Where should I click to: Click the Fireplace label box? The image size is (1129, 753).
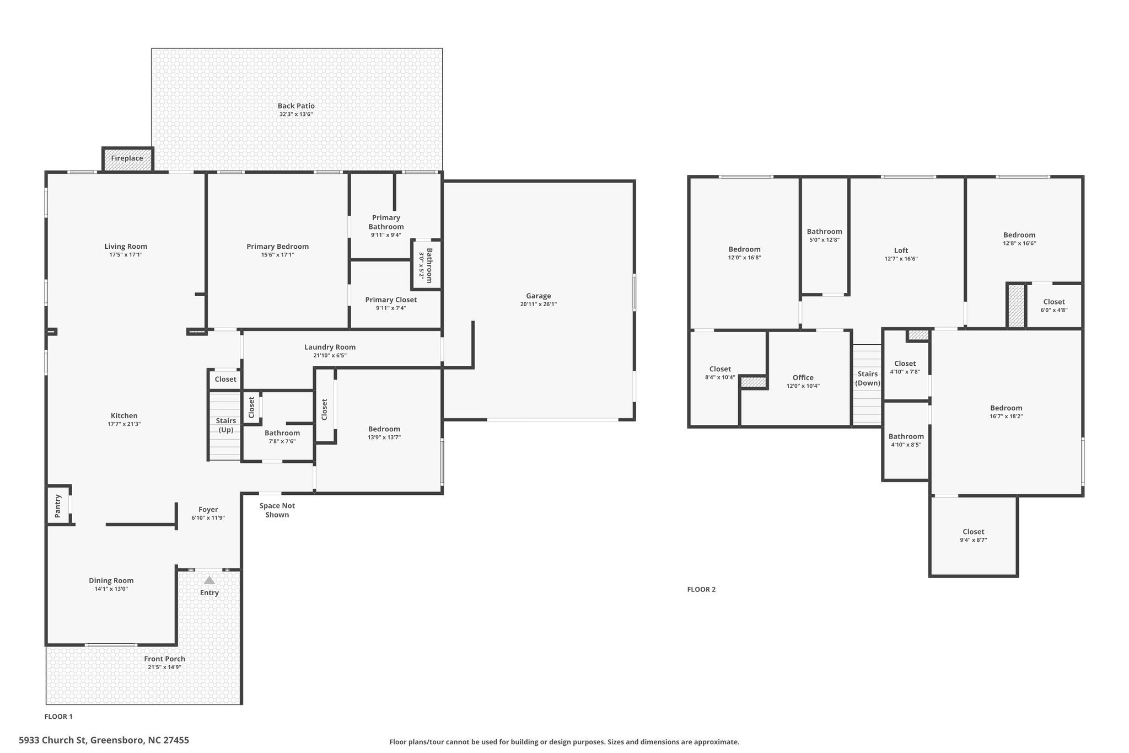[x=127, y=158]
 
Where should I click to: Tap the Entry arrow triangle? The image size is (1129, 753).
[x=209, y=580]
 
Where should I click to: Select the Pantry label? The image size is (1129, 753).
[x=58, y=506]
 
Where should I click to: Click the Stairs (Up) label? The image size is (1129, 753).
[x=226, y=425]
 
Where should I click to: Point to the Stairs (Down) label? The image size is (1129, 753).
[x=868, y=378]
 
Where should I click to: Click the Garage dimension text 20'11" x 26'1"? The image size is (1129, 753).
[x=539, y=305]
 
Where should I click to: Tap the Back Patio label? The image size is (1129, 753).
[x=297, y=106]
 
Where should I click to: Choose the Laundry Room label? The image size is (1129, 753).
[x=330, y=347]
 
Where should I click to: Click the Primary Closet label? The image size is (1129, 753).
[x=391, y=300]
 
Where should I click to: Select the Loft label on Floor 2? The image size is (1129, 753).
[x=901, y=250]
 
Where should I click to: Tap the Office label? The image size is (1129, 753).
[x=803, y=378]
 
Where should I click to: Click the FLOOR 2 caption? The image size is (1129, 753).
[x=702, y=589]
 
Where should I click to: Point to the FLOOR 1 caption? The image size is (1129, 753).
[x=58, y=717]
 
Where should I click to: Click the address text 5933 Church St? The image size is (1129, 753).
[x=52, y=740]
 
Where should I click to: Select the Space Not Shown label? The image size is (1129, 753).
[x=277, y=510]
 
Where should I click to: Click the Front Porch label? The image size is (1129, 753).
[x=165, y=659]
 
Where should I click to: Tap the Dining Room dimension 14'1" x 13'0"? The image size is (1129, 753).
[x=111, y=589]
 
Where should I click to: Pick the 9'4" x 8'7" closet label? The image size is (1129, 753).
[x=974, y=541]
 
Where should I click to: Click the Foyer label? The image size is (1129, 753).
[x=208, y=510]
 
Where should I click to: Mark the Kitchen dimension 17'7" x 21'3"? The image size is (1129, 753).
[x=124, y=424]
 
